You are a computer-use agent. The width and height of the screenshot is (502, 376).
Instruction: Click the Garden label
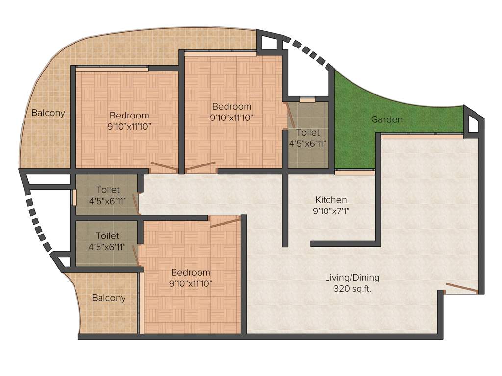(x=387, y=119)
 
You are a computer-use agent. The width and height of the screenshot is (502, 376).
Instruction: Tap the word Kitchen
(x=331, y=200)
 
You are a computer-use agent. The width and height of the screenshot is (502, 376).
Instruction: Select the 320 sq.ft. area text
(x=351, y=289)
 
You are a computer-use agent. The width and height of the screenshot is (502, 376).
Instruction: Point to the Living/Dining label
(x=352, y=278)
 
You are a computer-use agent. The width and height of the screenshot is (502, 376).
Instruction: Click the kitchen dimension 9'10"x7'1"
(x=331, y=211)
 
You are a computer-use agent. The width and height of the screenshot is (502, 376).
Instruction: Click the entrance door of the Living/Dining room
(x=461, y=288)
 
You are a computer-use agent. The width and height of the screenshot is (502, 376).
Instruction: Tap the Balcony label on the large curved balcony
(x=48, y=113)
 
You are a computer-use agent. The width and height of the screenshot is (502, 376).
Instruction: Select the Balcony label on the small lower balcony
(x=109, y=298)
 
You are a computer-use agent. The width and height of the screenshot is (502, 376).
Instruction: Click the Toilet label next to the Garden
(x=307, y=133)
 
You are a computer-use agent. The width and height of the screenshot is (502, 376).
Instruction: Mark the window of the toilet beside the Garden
(x=307, y=100)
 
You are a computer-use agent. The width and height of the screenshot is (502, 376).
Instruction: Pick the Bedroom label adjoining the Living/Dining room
(x=191, y=272)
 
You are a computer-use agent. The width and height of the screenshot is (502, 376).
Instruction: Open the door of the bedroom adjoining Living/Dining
(x=225, y=222)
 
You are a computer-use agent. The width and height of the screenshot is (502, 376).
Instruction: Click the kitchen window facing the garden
(x=354, y=172)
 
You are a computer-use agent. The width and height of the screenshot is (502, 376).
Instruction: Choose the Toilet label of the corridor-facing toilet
(x=108, y=189)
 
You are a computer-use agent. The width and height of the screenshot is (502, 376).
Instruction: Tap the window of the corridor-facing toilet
(x=75, y=196)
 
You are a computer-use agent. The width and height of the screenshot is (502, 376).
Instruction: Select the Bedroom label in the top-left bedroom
(x=129, y=116)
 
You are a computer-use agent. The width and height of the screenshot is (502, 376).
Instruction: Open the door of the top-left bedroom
(x=162, y=167)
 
